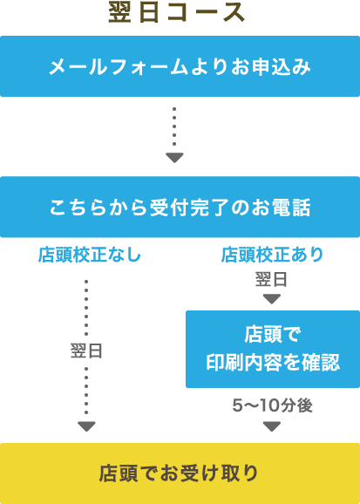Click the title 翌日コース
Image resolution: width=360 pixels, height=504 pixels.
point(177,13)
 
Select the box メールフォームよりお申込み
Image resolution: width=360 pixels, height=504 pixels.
point(180,66)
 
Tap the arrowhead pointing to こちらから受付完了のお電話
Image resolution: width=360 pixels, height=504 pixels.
point(174,158)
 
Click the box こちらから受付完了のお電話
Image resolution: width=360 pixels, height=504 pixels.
point(180,207)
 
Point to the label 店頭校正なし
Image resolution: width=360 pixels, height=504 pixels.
point(90,255)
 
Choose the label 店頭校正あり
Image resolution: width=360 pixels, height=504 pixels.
point(272,255)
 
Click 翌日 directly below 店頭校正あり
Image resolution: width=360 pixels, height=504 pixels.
point(272,279)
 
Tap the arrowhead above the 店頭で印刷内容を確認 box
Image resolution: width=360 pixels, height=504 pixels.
point(272,299)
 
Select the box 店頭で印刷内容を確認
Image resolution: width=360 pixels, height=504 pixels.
point(273,349)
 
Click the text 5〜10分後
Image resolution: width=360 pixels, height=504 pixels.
point(272,406)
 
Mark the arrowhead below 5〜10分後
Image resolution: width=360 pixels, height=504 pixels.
point(272,426)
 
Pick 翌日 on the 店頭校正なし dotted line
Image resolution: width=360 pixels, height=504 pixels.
point(86,351)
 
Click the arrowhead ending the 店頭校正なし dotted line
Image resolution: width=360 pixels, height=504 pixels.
point(87,426)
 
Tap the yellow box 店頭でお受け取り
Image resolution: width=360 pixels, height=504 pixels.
point(180,473)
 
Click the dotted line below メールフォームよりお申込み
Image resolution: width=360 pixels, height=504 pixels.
point(174,126)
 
